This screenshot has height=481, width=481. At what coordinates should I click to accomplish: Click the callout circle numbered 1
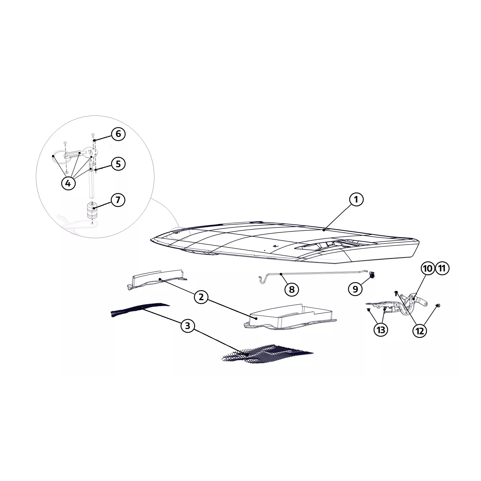pyautogui.click(x=356, y=200)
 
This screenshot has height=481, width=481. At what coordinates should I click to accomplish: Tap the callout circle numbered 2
pyautogui.click(x=201, y=297)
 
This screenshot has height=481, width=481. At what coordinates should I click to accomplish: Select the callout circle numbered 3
pyautogui.click(x=187, y=326)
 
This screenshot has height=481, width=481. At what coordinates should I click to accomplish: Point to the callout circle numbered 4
pyautogui.click(x=68, y=183)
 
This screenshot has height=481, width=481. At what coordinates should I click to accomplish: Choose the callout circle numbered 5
pyautogui.click(x=118, y=164)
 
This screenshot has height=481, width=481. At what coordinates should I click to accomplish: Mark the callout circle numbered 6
pyautogui.click(x=118, y=134)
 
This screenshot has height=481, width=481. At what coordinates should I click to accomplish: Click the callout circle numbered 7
pyautogui.click(x=118, y=200)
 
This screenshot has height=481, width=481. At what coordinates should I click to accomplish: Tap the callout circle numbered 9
pyautogui.click(x=355, y=289)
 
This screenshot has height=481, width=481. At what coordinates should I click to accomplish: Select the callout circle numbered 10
pyautogui.click(x=428, y=268)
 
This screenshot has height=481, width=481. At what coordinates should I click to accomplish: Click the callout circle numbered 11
pyautogui.click(x=442, y=268)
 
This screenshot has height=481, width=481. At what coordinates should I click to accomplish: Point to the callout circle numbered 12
pyautogui.click(x=420, y=331)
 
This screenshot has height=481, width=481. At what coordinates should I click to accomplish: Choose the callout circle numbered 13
pyautogui.click(x=381, y=330)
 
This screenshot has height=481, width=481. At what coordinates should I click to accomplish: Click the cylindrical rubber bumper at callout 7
pyautogui.click(x=93, y=210)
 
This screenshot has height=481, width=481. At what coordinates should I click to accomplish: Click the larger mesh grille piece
pyautogui.click(x=267, y=354)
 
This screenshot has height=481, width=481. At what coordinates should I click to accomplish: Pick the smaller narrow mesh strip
pyautogui.click(x=140, y=309)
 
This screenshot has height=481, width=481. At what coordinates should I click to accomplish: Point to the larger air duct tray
pyautogui.click(x=289, y=317)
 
